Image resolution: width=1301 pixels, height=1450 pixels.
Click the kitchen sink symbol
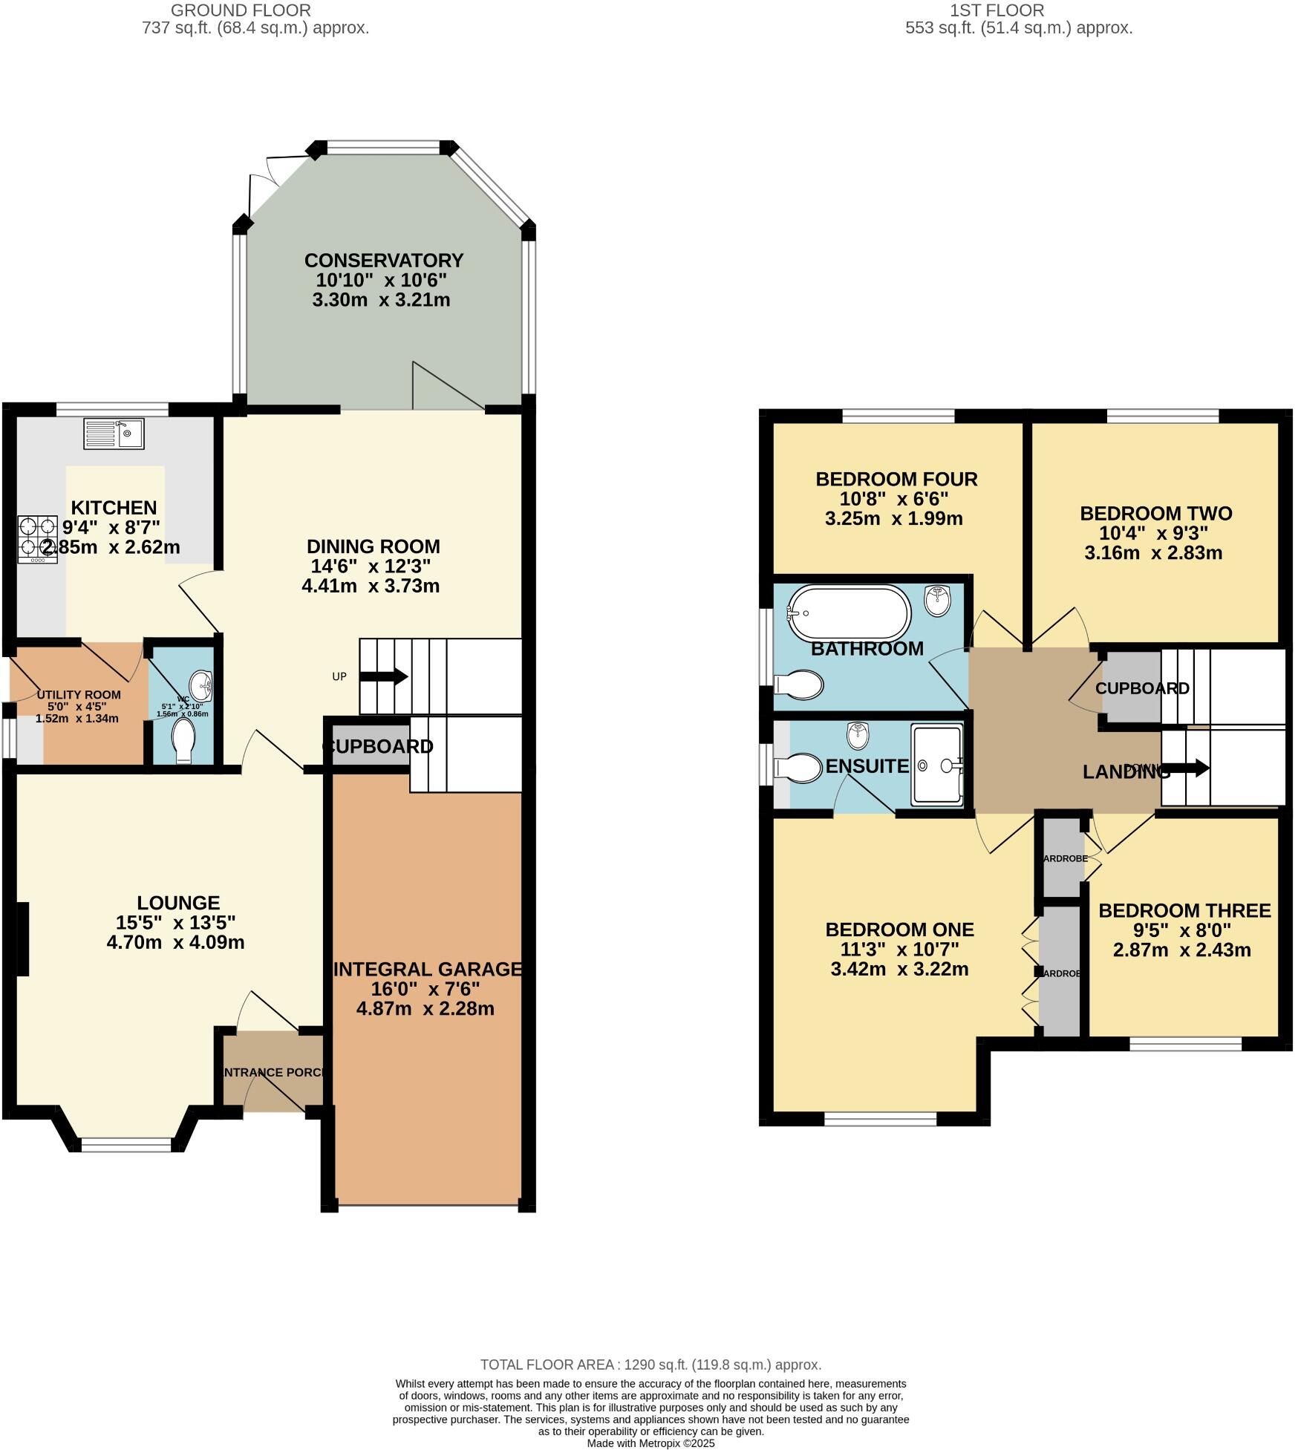[x=114, y=434]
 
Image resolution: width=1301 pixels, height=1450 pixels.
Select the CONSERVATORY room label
[x=383, y=261]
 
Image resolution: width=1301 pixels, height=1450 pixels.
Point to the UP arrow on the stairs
[x=383, y=676]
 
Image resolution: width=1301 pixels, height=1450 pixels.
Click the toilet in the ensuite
[x=798, y=768]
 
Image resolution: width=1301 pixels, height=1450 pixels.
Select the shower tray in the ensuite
[x=937, y=765]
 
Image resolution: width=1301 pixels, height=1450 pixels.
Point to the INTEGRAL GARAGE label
[x=428, y=969]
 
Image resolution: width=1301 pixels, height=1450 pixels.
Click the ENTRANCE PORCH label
[x=273, y=1072]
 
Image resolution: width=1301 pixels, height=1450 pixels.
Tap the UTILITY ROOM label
[x=79, y=695]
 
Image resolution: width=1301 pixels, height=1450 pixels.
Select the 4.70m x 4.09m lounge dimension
[x=175, y=942]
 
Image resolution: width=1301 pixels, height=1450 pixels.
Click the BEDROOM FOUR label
[x=896, y=479]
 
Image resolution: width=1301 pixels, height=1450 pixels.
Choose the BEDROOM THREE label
[x=1184, y=910]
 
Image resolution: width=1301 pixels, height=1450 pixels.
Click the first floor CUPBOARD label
[x=1141, y=688]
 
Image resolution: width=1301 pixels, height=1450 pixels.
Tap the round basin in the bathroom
[x=939, y=599]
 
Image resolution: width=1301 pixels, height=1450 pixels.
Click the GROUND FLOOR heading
[x=241, y=10]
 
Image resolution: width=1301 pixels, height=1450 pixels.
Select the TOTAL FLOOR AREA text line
[x=650, y=1365]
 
